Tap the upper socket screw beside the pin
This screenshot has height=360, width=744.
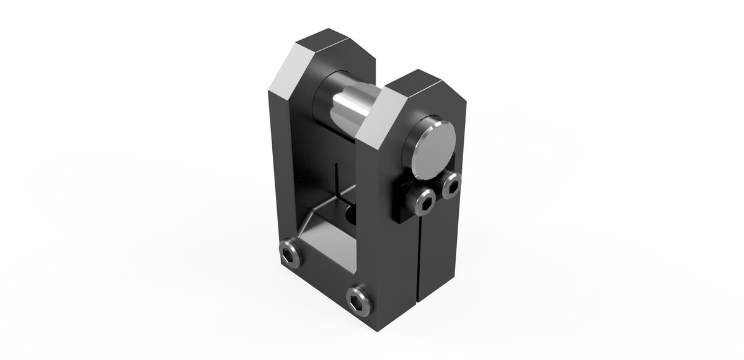point(452,183)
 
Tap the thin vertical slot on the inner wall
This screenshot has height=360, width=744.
point(335,180)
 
